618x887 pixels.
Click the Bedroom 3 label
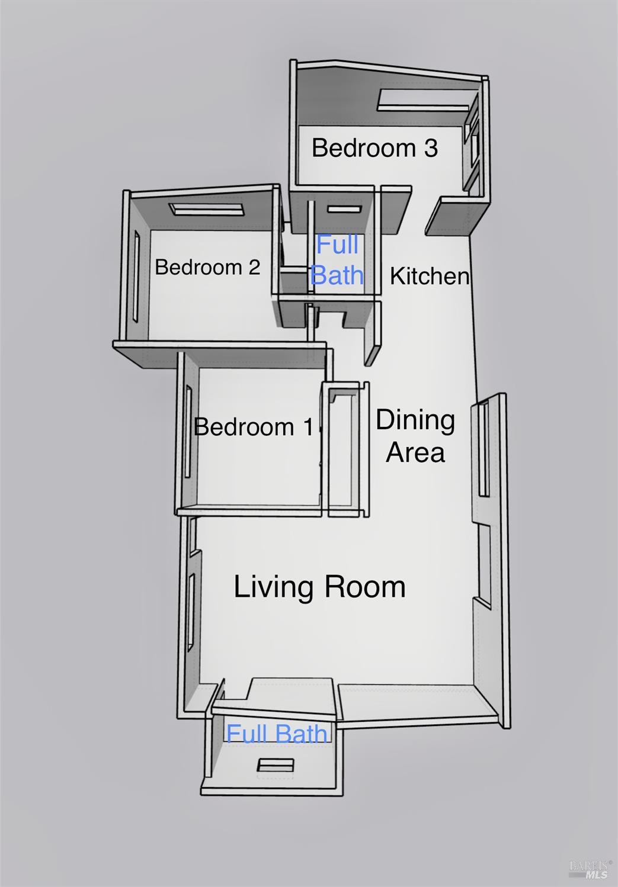tap(374, 147)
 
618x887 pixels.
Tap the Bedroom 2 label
tap(207, 267)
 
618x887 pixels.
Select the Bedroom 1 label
tap(254, 427)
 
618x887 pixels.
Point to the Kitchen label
tap(430, 276)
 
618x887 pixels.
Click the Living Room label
tap(320, 586)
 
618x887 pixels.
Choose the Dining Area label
tap(415, 436)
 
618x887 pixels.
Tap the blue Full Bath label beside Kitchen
tap(337, 259)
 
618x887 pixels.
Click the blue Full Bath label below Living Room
tap(277, 734)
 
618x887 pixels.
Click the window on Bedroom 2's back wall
tap(206, 210)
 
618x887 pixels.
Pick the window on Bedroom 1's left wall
tap(188, 432)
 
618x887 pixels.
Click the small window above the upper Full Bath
tap(344, 210)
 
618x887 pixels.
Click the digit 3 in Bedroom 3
tap(431, 148)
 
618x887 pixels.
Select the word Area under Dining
tap(415, 452)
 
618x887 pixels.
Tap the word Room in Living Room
tap(366, 586)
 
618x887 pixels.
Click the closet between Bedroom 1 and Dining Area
tap(344, 449)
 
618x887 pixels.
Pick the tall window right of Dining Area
tap(483, 449)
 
